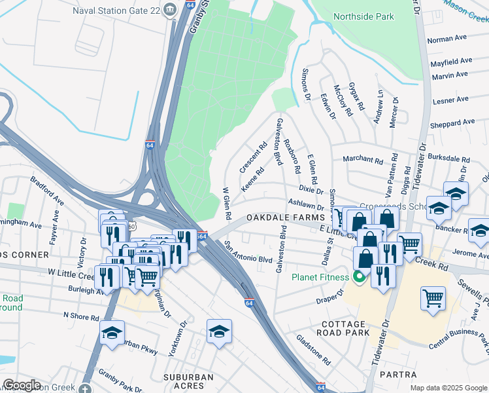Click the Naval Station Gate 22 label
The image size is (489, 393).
(x=114, y=10)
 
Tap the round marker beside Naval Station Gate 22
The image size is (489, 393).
(x=170, y=9)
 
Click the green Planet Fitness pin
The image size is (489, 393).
(x=358, y=277)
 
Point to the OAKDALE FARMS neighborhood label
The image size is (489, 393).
(x=285, y=217)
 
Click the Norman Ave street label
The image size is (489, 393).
(x=448, y=39)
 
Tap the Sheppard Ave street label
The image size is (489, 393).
(x=450, y=122)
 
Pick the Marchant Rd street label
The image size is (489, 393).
(x=363, y=160)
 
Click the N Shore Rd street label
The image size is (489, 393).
(x=81, y=317)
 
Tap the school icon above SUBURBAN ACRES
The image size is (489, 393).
(x=220, y=332)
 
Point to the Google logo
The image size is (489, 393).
(x=22, y=385)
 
